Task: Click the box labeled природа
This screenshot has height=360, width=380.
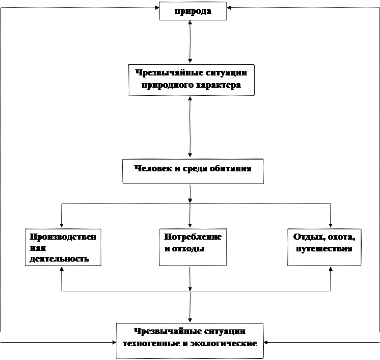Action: [193, 11]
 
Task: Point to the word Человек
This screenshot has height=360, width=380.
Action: [151, 168]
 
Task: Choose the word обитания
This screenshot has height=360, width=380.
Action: [230, 168]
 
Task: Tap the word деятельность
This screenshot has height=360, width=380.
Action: [59, 259]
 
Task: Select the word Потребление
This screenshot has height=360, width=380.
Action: [193, 237]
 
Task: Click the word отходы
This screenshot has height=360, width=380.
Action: [189, 249]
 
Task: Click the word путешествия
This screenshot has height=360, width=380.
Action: [324, 249]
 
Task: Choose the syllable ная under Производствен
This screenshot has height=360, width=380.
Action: [37, 248]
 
